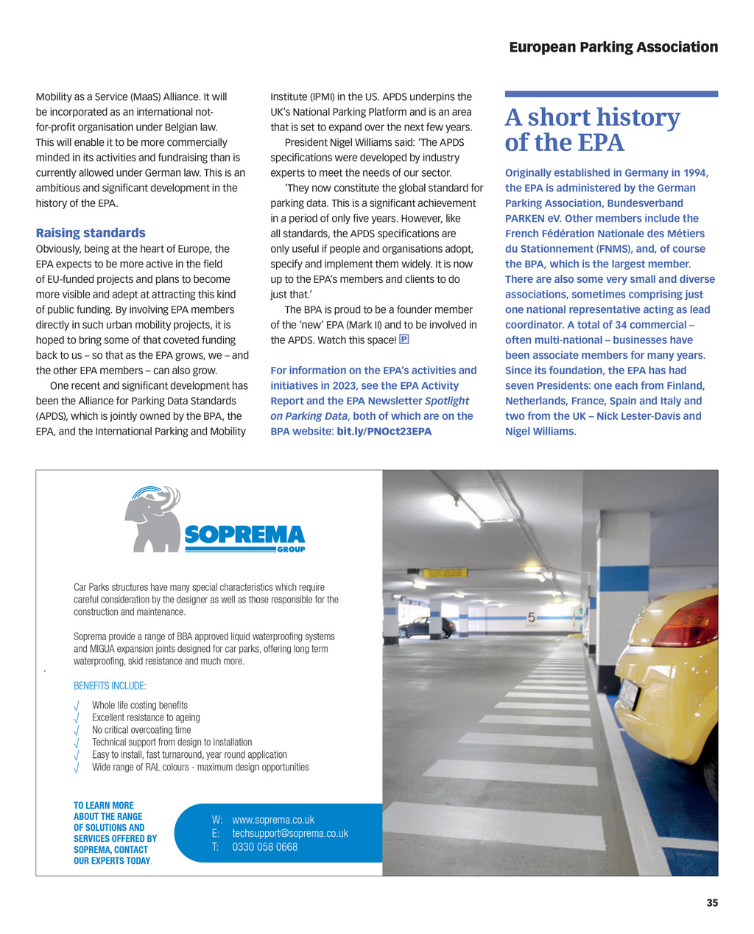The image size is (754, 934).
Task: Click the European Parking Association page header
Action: click(613, 47)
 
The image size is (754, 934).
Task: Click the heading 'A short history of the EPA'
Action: click(592, 130)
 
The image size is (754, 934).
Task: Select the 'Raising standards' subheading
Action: click(91, 233)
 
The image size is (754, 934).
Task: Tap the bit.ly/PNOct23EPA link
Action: click(384, 432)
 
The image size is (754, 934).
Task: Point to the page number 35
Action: click(712, 903)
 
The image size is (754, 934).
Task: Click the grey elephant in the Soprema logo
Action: click(152, 520)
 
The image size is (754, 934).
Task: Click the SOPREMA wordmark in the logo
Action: click(244, 535)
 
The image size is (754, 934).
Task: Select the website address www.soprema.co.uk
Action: click(273, 820)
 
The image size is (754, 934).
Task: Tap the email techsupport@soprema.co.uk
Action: click(290, 833)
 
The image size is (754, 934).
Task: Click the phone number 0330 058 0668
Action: click(265, 847)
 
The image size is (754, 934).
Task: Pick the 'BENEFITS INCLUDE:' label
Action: click(110, 686)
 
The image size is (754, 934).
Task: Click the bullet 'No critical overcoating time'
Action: click(141, 730)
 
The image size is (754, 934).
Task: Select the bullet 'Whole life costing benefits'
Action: click(140, 705)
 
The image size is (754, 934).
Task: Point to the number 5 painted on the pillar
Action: click(531, 618)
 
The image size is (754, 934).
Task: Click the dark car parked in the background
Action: click(426, 628)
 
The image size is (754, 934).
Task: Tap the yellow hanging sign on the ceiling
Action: click(444, 572)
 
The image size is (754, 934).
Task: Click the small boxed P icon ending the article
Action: click(404, 340)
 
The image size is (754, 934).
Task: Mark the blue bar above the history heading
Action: click(611, 94)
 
